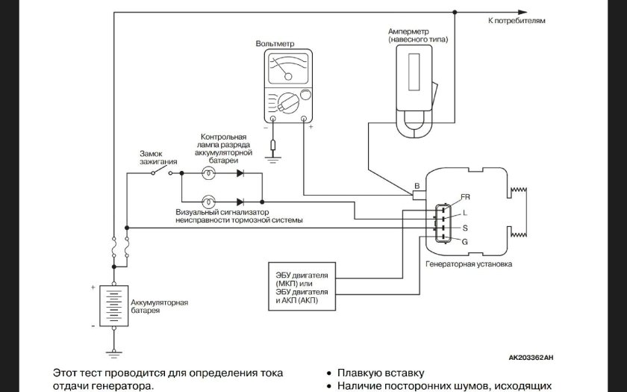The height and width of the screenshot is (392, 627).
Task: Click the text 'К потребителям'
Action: coord(517,21)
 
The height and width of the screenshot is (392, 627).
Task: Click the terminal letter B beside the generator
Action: coord(417,185)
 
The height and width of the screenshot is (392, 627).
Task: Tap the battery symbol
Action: coord(113,307)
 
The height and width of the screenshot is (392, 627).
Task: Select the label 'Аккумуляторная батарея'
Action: coord(154,306)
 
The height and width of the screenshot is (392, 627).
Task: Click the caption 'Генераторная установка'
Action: coord(468,264)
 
